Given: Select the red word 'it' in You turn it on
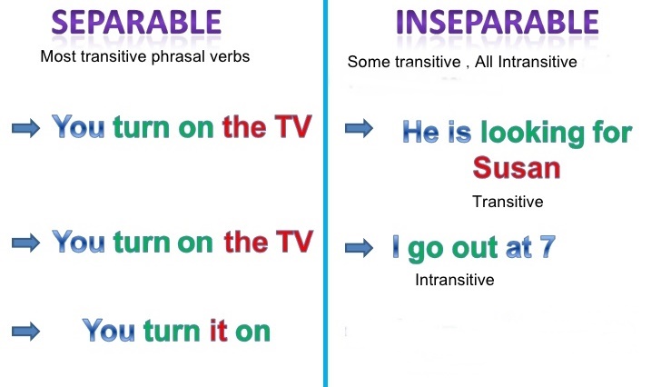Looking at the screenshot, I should point(217,331).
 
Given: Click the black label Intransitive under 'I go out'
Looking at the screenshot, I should point(454,280).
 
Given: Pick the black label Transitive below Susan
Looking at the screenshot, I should point(508,202).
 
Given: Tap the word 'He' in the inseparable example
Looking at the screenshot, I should point(420,133).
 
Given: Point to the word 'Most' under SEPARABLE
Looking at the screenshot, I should point(57,56).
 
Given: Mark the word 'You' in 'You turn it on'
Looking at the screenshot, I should point(109,331).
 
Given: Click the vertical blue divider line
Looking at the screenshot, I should point(325,193).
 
